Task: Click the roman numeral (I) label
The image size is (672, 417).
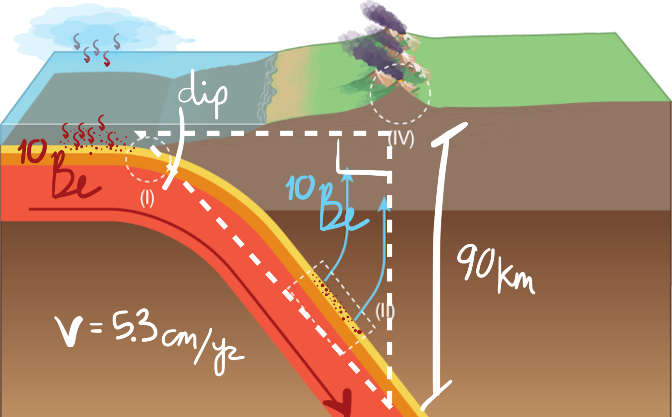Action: pyautogui.click(x=147, y=199)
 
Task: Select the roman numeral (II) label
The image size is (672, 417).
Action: pyautogui.click(x=385, y=312)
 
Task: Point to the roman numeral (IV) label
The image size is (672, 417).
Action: pyautogui.click(x=401, y=139)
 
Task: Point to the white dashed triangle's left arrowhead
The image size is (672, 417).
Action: pyautogui.click(x=140, y=134)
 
